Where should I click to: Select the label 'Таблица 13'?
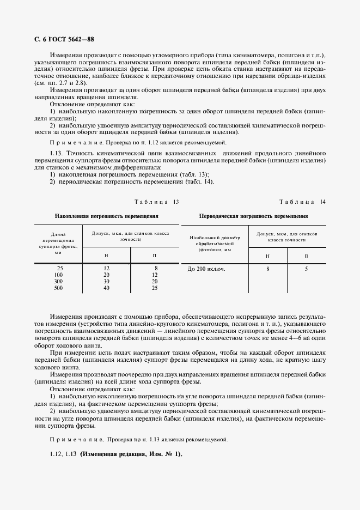(x=157, y=202)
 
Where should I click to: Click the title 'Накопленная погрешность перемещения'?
(x=111, y=216)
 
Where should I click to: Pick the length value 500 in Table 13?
(x=59, y=288)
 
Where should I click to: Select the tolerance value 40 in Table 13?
(x=107, y=288)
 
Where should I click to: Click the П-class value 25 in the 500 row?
(x=155, y=288)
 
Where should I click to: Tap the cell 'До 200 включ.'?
(x=206, y=269)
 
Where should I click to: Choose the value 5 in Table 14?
(x=306, y=269)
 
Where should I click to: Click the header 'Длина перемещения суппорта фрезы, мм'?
(x=59, y=243)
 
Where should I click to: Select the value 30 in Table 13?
(x=107, y=281)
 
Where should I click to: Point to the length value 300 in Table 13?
(x=59, y=281)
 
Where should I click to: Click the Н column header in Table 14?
(x=267, y=256)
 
